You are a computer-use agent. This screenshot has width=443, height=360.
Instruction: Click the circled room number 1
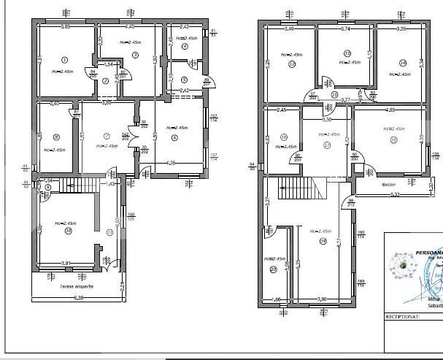click(64, 60)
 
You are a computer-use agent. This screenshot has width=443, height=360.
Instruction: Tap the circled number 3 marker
click(135, 55)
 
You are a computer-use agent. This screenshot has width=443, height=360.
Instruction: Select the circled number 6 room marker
click(174, 137)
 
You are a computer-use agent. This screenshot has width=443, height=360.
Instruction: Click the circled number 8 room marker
click(55, 137)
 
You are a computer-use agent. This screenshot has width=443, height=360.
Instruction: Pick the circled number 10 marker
click(68, 231)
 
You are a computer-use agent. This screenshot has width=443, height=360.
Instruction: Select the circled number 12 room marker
click(292, 64)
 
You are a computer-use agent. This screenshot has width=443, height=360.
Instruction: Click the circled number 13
click(347, 53)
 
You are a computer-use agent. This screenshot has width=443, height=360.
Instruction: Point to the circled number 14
click(401, 63)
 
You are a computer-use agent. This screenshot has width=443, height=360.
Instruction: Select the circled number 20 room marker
click(274, 269)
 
